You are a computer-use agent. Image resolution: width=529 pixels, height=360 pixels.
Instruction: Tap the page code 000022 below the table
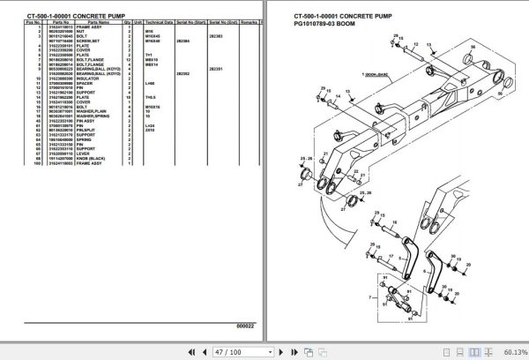[x=247, y=324]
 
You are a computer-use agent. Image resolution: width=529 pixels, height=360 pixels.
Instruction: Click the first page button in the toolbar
[x=175, y=350]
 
